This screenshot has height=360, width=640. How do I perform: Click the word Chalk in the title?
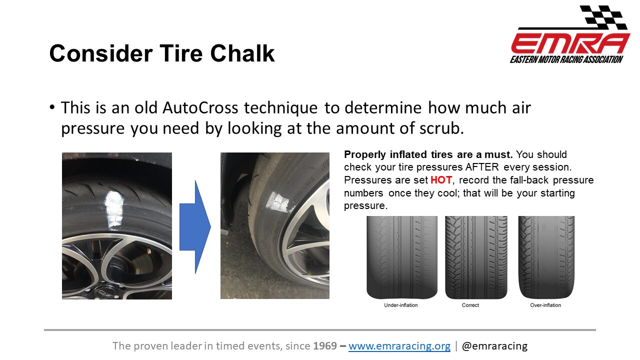pyautogui.click(x=242, y=53)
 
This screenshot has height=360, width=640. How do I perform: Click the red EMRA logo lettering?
pyautogui.click(x=570, y=43)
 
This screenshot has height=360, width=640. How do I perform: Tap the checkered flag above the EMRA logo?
pyautogui.click(x=603, y=16)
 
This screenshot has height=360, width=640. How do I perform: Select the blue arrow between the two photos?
pyautogui.click(x=195, y=227)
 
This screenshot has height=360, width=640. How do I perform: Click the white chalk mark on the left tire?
pyautogui.click(x=114, y=210)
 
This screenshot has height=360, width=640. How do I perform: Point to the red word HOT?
pyautogui.click(x=441, y=180)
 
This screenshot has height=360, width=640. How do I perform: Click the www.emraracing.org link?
pyautogui.click(x=399, y=345)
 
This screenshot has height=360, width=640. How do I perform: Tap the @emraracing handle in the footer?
pyautogui.click(x=494, y=345)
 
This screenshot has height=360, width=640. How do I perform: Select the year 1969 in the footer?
pyautogui.click(x=325, y=345)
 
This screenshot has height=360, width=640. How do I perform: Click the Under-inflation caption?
pyautogui.click(x=401, y=305)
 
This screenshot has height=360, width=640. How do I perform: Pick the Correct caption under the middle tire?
pyautogui.click(x=470, y=305)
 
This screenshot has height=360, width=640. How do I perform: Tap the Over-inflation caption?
pyautogui.click(x=545, y=305)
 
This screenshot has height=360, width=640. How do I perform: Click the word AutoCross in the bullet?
pyautogui.click(x=200, y=107)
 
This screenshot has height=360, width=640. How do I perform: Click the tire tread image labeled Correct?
pyautogui.click(x=476, y=257)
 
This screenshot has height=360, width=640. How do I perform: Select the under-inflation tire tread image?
pyautogui.click(x=402, y=257)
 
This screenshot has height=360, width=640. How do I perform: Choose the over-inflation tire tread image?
pyautogui.click(x=546, y=257)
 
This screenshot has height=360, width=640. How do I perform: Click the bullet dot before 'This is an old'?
pyautogui.click(x=52, y=107)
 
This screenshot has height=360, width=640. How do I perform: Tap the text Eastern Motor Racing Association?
pyautogui.click(x=566, y=59)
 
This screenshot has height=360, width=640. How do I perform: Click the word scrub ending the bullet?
pyautogui.click(x=441, y=128)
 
